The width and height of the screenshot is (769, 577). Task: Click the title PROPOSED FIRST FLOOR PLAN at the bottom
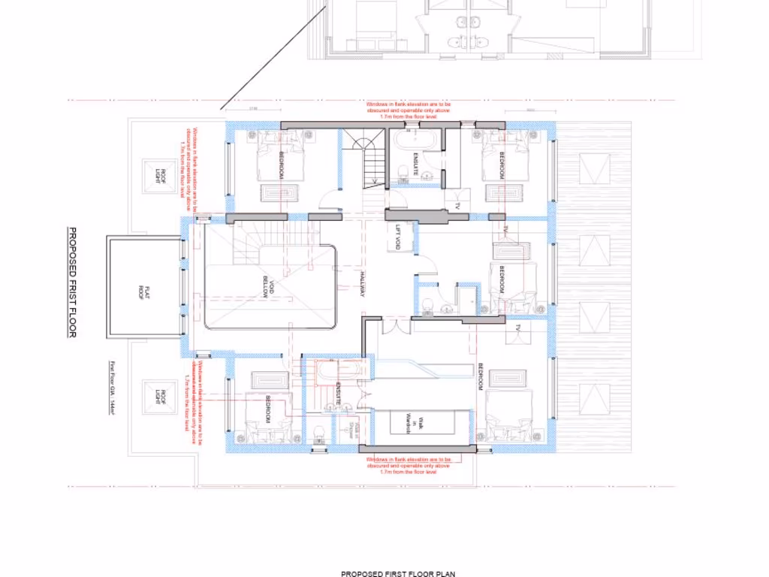(x=398, y=574)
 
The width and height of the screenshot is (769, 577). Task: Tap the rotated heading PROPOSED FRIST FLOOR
(x=73, y=282)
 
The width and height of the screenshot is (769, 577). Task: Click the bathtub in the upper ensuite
(x=414, y=140)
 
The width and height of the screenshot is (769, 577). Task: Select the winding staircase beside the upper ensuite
(x=366, y=161)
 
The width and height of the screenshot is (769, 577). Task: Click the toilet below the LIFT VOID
(x=427, y=305)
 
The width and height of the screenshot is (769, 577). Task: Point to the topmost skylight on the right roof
(x=595, y=169)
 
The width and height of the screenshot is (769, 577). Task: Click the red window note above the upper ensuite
(x=409, y=110)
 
